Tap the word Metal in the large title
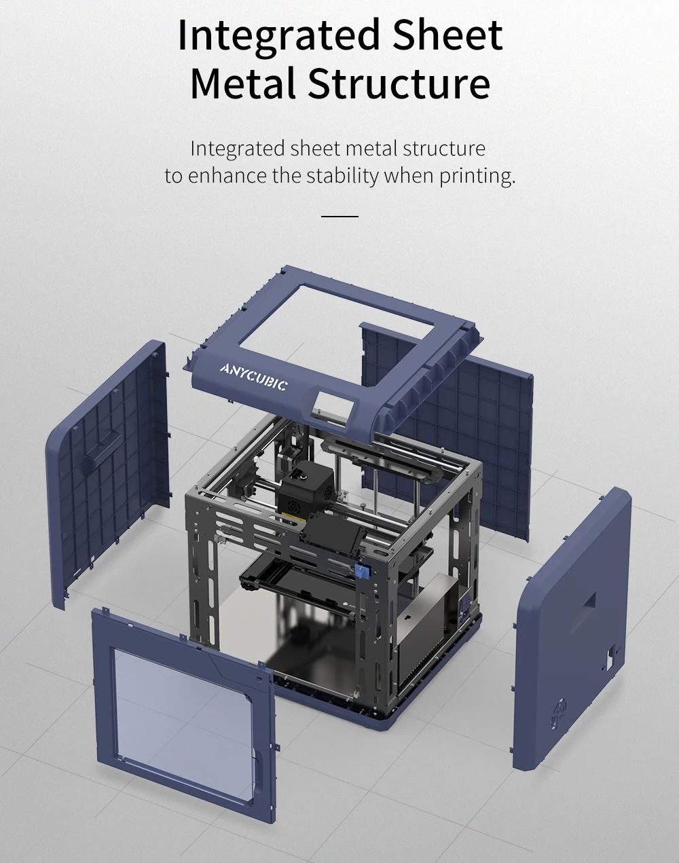tap(242, 84)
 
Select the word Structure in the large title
tap(399, 84)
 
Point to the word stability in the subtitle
tap(342, 176)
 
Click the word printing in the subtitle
tap(477, 176)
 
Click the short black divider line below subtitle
tap(339, 216)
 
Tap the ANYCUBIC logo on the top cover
tap(253, 377)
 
